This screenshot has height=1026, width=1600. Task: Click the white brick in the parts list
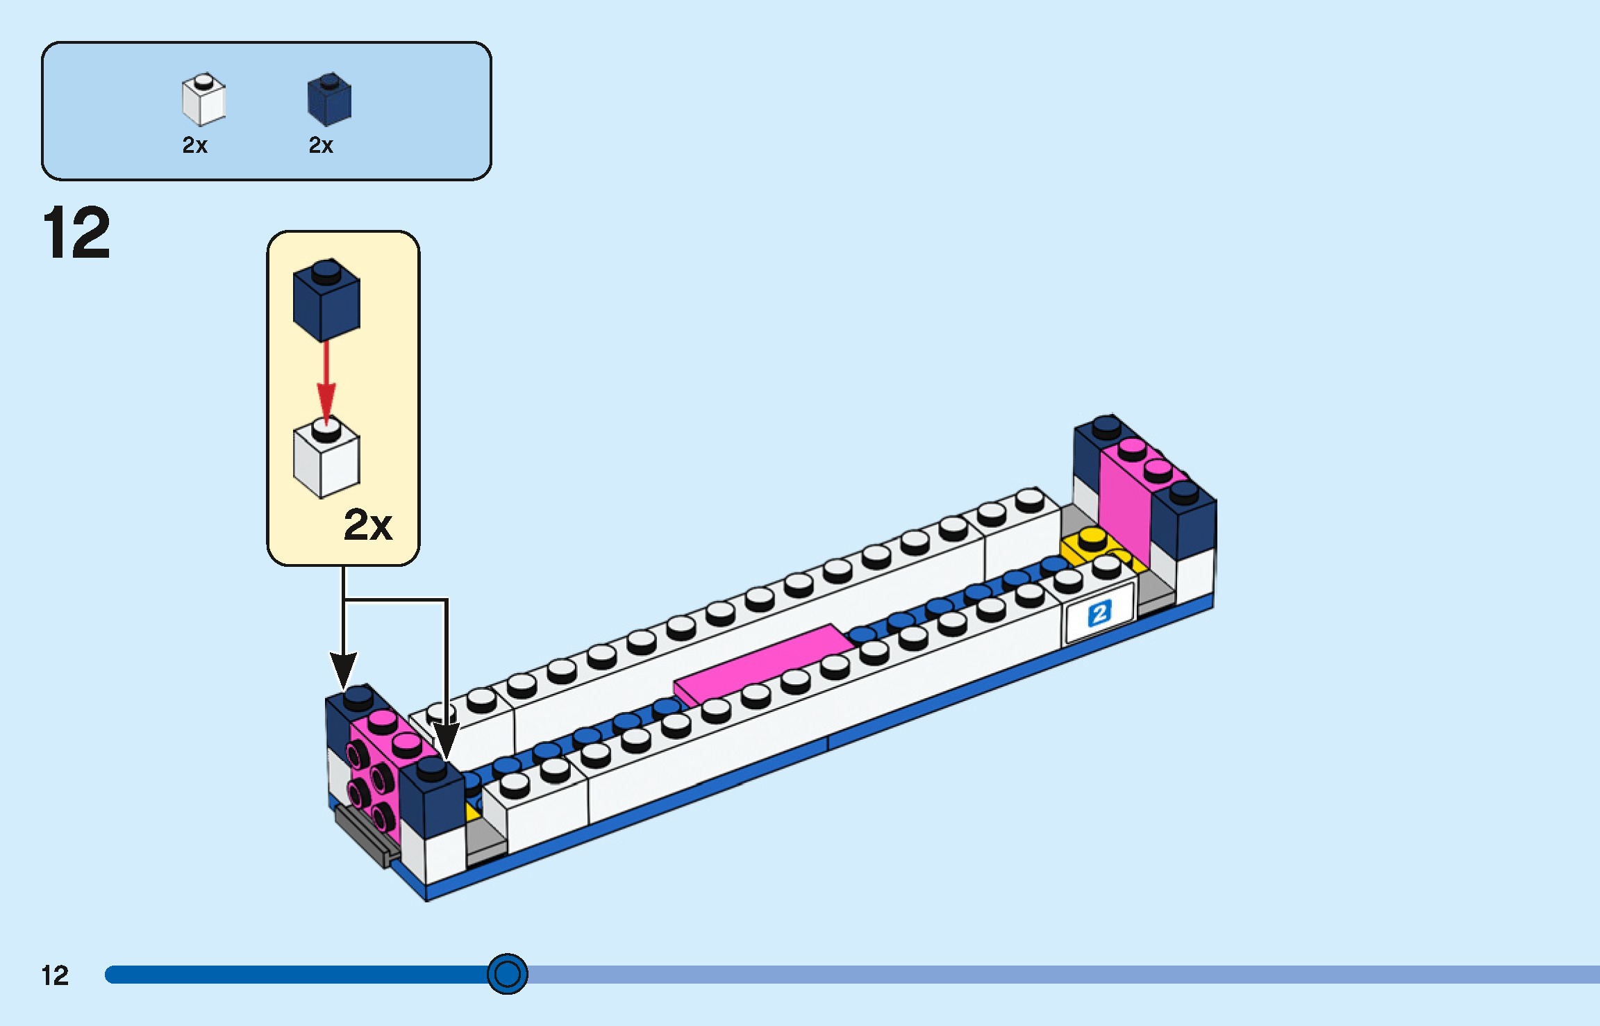pyautogui.click(x=203, y=100)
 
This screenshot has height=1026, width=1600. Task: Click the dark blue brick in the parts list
pyautogui.click(x=329, y=100)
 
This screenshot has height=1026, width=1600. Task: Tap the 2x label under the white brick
pyautogui.click(x=194, y=145)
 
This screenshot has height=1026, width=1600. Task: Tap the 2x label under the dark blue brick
pyautogui.click(x=321, y=145)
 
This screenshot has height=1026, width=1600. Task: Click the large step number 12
pyautogui.click(x=76, y=233)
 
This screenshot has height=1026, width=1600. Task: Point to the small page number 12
pyautogui.click(x=55, y=975)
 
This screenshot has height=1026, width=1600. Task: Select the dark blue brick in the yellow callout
pyautogui.click(x=326, y=301)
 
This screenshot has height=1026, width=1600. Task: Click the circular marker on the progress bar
pyautogui.click(x=507, y=974)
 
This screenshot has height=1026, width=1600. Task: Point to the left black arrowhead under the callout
pyautogui.click(x=343, y=670)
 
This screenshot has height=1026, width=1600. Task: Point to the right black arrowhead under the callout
pyautogui.click(x=445, y=740)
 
